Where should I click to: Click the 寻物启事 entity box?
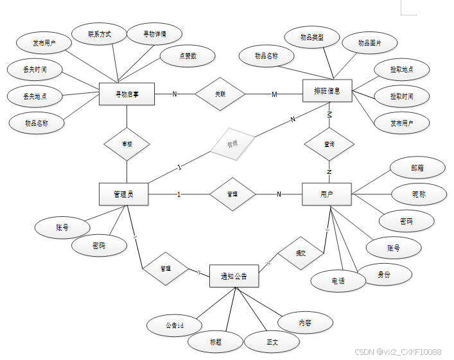(x=127, y=95)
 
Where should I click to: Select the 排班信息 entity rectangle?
(x=327, y=91)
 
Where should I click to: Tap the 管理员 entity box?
(x=123, y=194)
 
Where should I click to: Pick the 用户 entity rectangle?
(x=326, y=194)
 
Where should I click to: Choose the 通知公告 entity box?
(x=234, y=276)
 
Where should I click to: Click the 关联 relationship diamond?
(x=220, y=94)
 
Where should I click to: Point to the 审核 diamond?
(x=127, y=144)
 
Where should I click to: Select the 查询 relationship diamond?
(x=329, y=144)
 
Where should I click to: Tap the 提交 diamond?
(x=301, y=252)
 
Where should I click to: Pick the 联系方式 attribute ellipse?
(x=99, y=34)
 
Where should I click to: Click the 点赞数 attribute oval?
(x=188, y=56)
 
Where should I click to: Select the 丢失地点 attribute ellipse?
(x=35, y=96)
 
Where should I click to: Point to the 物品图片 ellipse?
(x=369, y=43)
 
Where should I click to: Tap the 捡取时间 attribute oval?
(x=401, y=97)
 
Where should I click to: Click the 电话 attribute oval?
(x=338, y=281)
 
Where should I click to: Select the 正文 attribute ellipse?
(x=272, y=341)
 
